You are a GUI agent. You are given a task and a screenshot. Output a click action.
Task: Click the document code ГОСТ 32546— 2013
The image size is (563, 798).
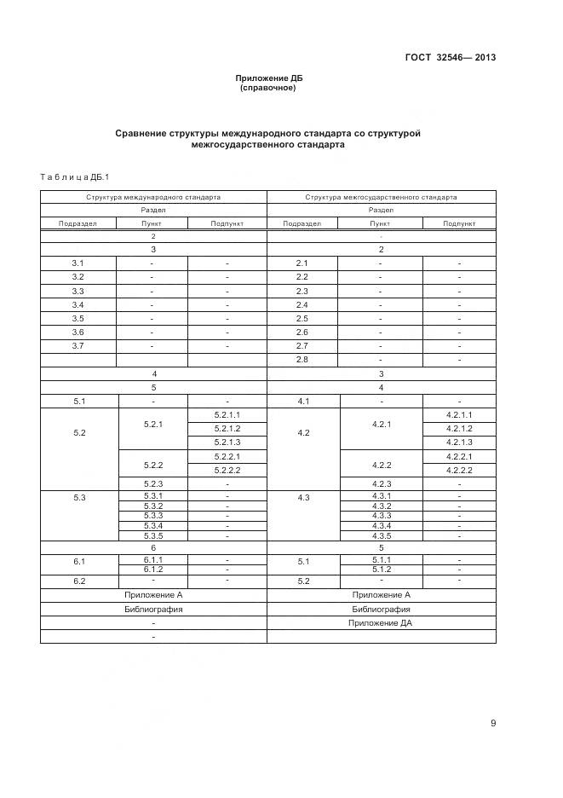coord(451,58)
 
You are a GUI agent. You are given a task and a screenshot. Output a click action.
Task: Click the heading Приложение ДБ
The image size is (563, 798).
coord(269,78)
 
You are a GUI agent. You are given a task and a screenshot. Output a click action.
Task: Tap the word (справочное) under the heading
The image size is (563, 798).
coord(268,88)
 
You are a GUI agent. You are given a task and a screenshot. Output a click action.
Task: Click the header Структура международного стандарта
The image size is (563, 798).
coord(153,197)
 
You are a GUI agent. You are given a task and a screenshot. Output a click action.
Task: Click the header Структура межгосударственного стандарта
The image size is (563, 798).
coord(381,197)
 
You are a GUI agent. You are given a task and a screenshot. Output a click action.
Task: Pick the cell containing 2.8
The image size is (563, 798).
coord(302,360)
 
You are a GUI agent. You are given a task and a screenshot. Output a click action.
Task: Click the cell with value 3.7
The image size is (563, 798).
coord(78,345)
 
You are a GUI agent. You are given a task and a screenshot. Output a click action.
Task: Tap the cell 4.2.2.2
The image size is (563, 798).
coord(459,470)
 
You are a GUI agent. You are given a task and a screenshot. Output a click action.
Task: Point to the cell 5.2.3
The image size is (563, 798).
coord(153,483)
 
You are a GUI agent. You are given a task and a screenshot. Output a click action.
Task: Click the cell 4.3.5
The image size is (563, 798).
coord(381,535)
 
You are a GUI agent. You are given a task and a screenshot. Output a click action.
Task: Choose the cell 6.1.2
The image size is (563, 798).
coord(153,569)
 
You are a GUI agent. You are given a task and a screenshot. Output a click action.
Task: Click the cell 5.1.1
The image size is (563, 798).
coord(381,559)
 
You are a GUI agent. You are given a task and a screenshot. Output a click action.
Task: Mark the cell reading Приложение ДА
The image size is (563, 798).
coord(381,623)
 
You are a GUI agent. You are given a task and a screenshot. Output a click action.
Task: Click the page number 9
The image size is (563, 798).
coord(492,723)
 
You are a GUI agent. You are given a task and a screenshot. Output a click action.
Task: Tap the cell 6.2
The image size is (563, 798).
coord(78,581)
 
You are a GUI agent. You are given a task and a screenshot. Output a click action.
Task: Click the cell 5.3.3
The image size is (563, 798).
coord(153,515)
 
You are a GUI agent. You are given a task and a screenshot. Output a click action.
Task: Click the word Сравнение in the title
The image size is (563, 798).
coord(142,134)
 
